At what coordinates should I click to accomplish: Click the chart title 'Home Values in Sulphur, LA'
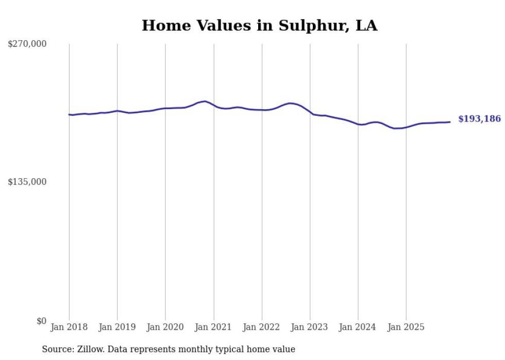coord(259,25)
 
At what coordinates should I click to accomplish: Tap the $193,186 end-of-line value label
coord(479,119)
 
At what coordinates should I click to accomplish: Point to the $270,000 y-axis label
coord(27,44)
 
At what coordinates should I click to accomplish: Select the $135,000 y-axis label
coord(27,182)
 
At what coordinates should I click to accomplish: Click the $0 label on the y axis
coord(41,321)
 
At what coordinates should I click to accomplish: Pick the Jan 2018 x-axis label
coord(69,327)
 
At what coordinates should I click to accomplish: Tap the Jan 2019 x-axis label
coord(117,327)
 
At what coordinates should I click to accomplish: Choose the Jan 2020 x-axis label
coord(165,327)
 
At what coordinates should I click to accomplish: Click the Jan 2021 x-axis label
coord(213,327)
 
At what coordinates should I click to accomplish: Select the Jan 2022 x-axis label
coord(261,327)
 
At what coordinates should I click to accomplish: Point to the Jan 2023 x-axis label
coord(309,327)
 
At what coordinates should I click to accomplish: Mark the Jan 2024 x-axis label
coord(358,327)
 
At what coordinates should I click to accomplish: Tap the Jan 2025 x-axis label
coord(406,327)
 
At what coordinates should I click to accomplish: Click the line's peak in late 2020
coord(205,101)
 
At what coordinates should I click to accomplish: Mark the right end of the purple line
coord(450,122)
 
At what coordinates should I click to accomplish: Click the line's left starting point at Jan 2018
coord(69,114)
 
